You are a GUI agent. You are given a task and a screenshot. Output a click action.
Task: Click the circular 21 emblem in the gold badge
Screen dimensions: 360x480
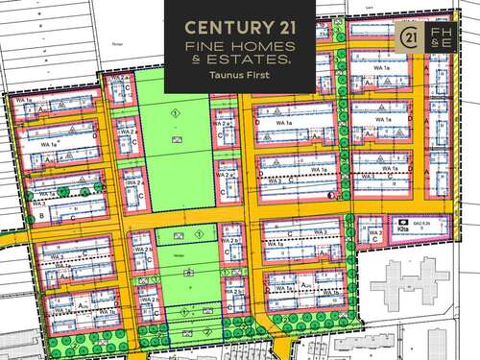(407, 37)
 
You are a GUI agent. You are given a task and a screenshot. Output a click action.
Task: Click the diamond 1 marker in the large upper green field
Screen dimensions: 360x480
(175, 114)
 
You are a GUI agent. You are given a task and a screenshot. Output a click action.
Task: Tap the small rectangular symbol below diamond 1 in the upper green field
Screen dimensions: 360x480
(175, 140)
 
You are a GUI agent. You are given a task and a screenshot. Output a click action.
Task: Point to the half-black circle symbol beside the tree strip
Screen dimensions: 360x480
(329, 196)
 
